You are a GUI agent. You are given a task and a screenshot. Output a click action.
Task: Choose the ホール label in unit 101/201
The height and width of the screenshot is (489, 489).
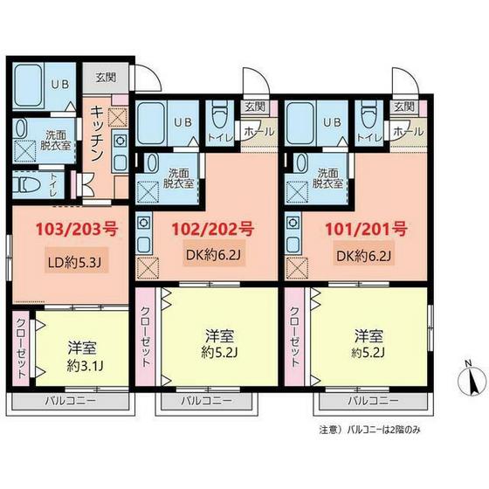(404, 131)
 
